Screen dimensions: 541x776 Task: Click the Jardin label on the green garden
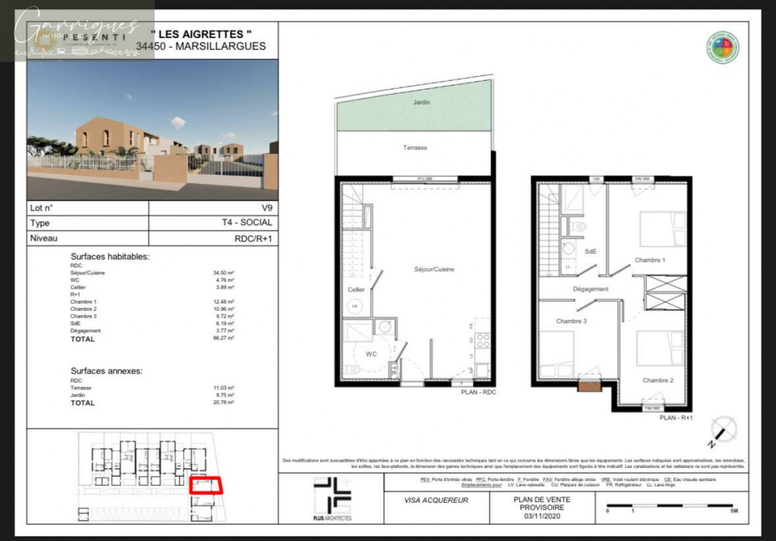tap(421, 103)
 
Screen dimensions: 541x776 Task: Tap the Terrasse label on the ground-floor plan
tap(415, 148)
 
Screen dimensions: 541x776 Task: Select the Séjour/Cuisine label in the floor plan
tap(434, 269)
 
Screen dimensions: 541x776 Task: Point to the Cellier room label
tap(356, 290)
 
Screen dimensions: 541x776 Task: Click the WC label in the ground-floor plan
tap(371, 354)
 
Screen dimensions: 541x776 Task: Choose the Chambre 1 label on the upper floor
tap(650, 260)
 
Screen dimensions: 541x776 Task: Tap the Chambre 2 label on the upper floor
tap(658, 380)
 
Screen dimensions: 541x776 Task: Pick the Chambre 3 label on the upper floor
tap(571, 321)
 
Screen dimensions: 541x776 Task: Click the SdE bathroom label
tap(591, 251)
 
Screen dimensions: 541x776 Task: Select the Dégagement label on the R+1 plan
tap(591, 289)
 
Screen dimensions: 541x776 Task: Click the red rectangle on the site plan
tap(205, 484)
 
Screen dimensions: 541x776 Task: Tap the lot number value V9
tap(267, 208)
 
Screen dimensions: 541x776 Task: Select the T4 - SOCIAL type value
tap(247, 223)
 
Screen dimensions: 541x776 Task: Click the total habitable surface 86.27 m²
tap(224, 338)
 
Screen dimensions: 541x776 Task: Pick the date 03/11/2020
tap(542, 516)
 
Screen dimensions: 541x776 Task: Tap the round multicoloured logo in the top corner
tap(723, 48)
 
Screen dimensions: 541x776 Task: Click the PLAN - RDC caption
tap(478, 392)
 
